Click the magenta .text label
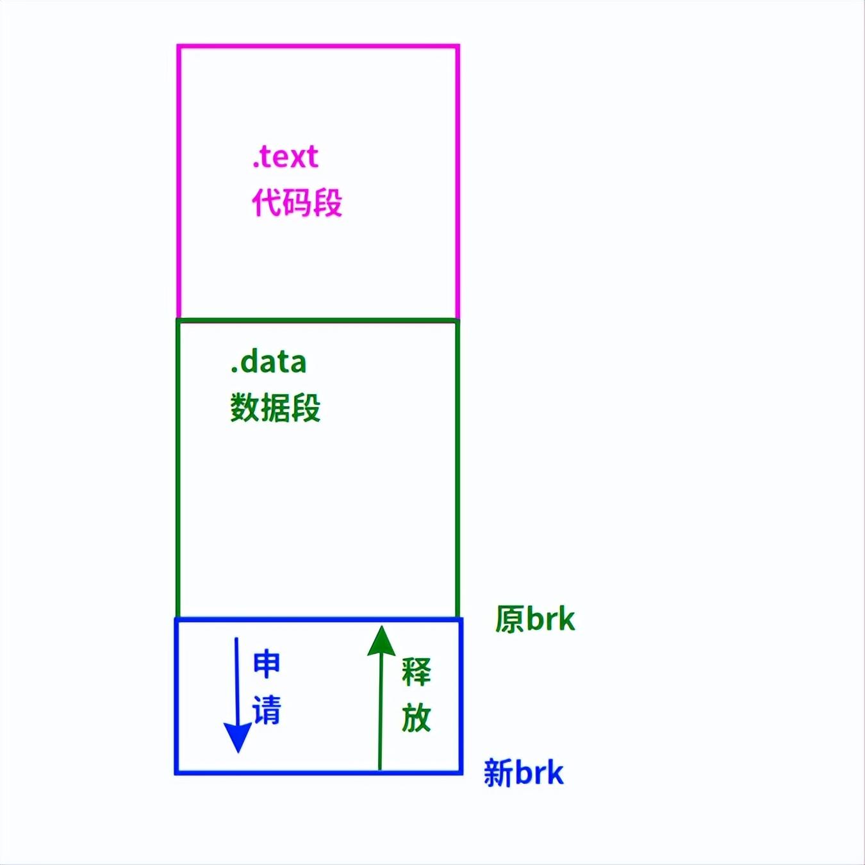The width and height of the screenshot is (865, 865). click(285, 157)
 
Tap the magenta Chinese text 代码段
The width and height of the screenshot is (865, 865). click(297, 202)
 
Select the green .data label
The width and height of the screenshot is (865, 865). click(268, 363)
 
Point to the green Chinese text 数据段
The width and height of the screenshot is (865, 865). click(275, 408)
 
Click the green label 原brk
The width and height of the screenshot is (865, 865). click(535, 620)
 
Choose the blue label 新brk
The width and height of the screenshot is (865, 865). click(523, 773)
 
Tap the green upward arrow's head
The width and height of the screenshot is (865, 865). click(381, 641)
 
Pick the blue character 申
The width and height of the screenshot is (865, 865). click(267, 664)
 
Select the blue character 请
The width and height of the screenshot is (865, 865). click(267, 711)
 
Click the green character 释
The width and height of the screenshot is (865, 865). click(416, 671)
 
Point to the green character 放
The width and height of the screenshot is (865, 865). click(416, 718)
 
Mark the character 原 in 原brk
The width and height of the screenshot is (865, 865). click(510, 620)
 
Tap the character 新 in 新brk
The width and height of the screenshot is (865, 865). click(498, 773)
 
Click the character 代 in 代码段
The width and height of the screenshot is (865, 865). click(266, 202)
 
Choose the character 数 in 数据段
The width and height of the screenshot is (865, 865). click(244, 408)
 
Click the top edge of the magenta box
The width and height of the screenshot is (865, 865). click(318, 46)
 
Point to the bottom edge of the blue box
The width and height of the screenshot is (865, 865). click(318, 772)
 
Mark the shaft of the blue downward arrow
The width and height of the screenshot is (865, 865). click(236, 679)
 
